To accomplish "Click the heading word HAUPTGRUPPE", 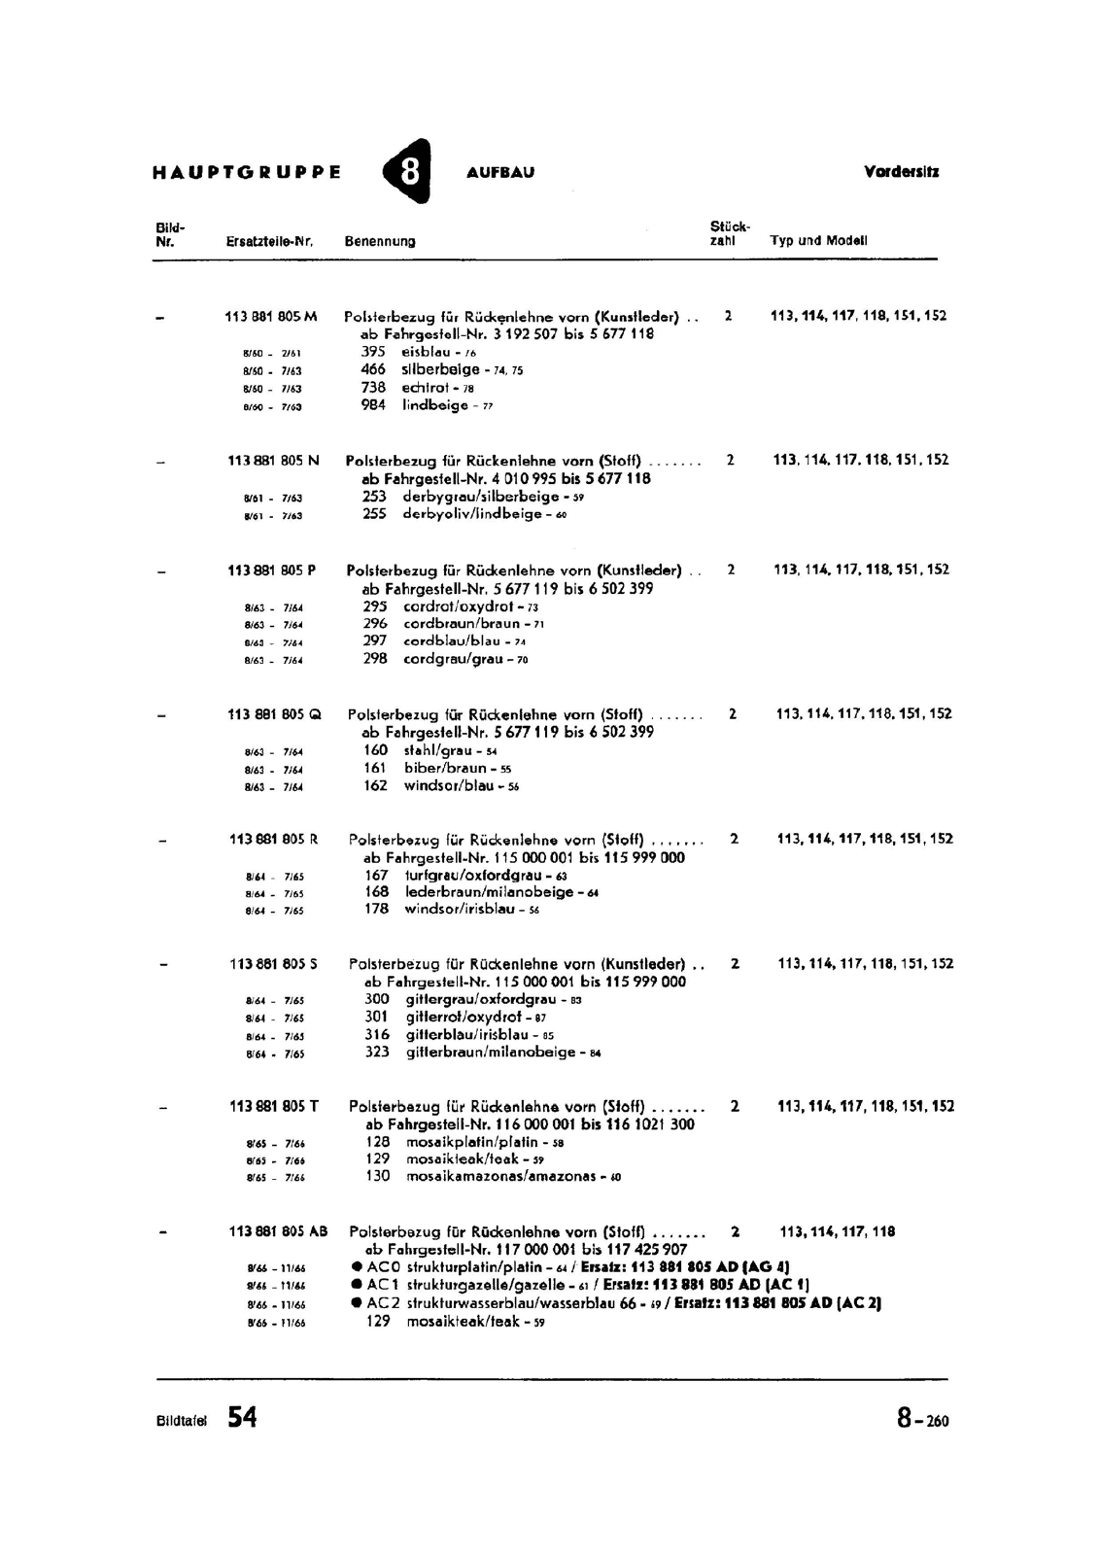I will click(x=247, y=173).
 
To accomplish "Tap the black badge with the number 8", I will click(x=409, y=172).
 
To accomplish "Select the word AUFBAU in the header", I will click(x=500, y=173).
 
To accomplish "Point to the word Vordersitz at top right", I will click(x=901, y=172).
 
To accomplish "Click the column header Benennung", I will click(x=380, y=241).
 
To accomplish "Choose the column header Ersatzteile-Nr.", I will click(x=269, y=241).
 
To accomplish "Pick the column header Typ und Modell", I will click(x=818, y=240).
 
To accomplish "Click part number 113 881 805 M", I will click(x=271, y=316).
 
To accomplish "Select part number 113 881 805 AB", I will click(x=279, y=1231).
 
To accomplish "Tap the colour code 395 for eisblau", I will click(x=373, y=352).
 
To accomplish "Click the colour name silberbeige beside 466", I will click(x=440, y=369).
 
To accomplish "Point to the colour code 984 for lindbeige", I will click(x=373, y=405).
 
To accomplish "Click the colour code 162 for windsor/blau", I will click(x=375, y=785).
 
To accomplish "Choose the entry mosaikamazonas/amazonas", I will click(x=504, y=1176).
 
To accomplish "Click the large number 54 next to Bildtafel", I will click(x=242, y=1418).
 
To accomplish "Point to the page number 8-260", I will click(x=922, y=1420).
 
